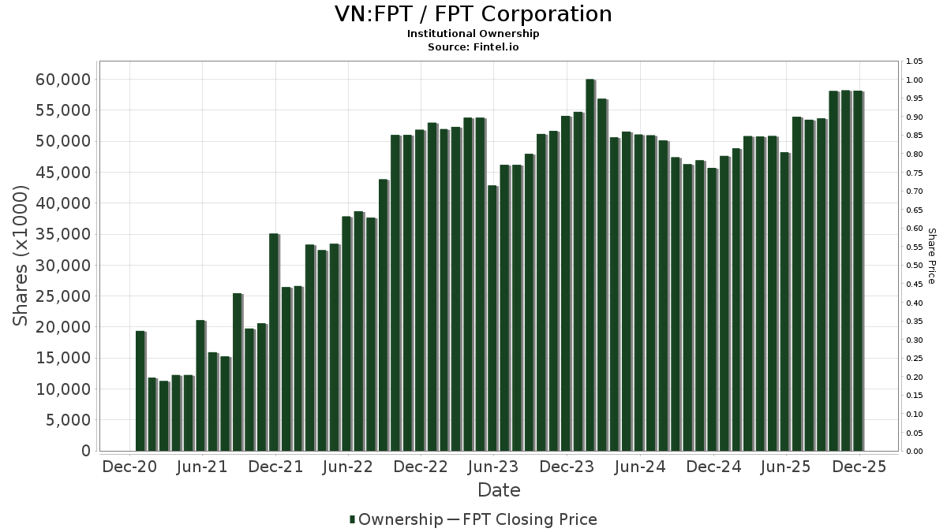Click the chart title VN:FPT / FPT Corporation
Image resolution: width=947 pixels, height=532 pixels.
pyautogui.click(x=473, y=14)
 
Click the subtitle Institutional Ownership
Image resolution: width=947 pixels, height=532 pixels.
pyautogui.click(x=473, y=34)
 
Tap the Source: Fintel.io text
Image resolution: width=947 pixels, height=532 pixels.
pyautogui.click(x=473, y=47)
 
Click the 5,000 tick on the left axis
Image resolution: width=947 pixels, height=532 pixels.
pyautogui.click(x=65, y=420)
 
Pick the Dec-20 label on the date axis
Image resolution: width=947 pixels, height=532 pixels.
pyautogui.click(x=130, y=467)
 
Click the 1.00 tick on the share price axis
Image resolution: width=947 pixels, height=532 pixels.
pyautogui.click(x=915, y=80)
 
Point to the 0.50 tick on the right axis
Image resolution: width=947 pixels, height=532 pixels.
pyautogui.click(x=915, y=266)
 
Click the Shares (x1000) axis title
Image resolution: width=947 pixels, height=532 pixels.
pyautogui.click(x=21, y=256)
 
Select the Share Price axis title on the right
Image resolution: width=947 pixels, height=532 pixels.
pyautogui.click(x=931, y=256)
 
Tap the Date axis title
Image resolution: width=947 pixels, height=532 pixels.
pyautogui.click(x=499, y=490)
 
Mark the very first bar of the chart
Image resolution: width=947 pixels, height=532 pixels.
pyautogui.click(x=140, y=391)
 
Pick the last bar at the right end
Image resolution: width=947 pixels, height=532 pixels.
pyautogui.click(x=857, y=271)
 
